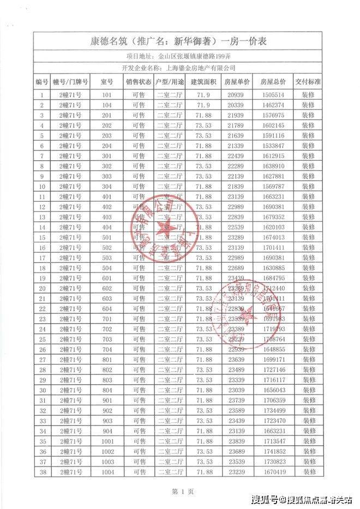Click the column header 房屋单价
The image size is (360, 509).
click(237, 82)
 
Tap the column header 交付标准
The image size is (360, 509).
click(308, 82)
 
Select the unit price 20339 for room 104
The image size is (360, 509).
click(237, 105)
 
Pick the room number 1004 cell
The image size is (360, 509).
click(107, 472)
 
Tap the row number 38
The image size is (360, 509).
click(42, 472)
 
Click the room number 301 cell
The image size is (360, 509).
click(107, 156)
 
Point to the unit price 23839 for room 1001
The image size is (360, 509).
click(237, 441)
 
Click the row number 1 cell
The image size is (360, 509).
click(42, 94)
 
